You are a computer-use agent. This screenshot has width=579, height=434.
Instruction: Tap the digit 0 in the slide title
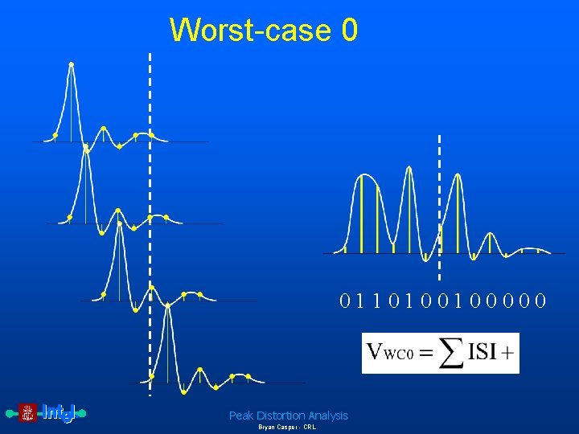(349, 31)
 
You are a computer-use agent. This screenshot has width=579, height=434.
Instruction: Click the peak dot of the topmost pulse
(72, 63)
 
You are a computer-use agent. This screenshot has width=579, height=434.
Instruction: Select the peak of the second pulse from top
(86, 147)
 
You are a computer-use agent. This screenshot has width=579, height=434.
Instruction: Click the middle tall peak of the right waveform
(409, 169)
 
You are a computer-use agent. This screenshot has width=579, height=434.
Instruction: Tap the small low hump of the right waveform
(490, 235)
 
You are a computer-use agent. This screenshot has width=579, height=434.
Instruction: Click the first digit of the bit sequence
(345, 301)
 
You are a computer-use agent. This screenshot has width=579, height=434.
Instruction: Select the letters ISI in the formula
(482, 353)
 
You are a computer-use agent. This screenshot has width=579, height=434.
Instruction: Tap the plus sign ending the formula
(510, 354)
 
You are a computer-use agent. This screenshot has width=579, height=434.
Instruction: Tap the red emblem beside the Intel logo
(28, 413)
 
